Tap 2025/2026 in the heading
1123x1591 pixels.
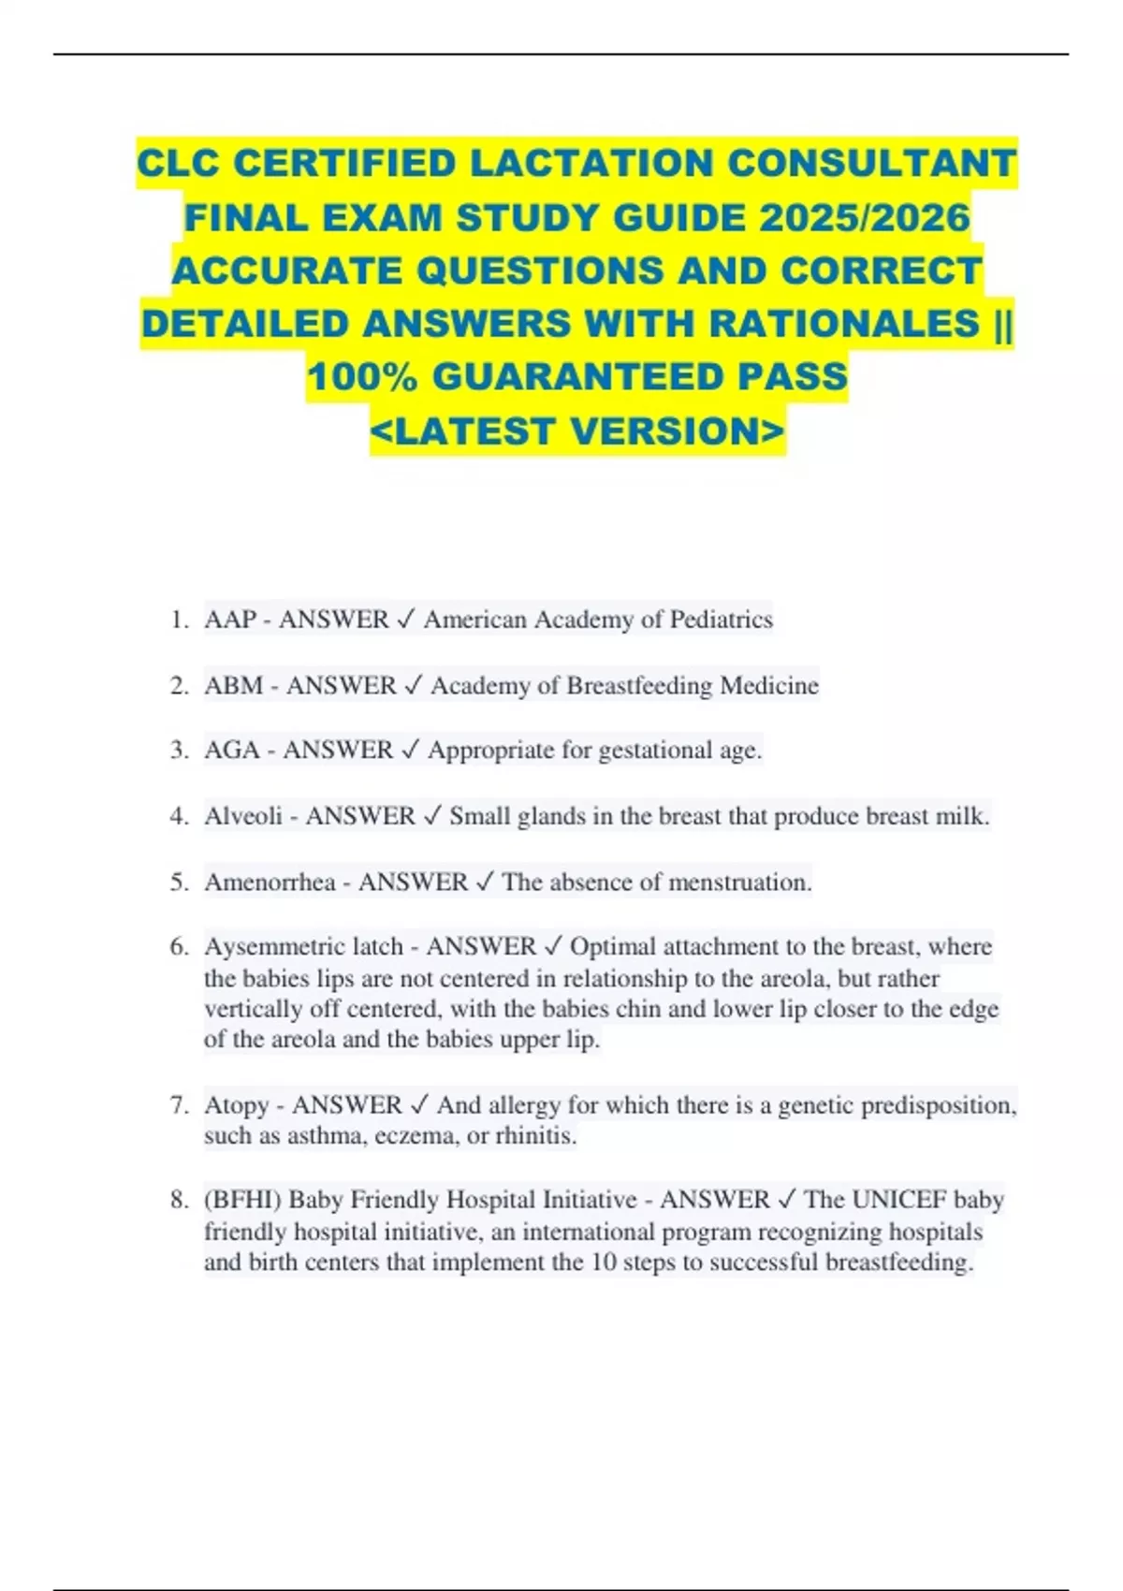coord(864,218)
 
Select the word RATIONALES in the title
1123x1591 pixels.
coord(843,324)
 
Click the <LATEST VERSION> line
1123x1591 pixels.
coord(577,431)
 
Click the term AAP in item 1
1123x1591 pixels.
coord(230,620)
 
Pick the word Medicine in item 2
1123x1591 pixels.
coord(769,686)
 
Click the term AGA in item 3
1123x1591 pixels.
coord(232,751)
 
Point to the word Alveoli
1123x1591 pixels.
coord(243,816)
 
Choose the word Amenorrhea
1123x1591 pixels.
coord(270,883)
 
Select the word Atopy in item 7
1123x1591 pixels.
coord(237,1105)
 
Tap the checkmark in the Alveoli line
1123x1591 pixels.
coord(432,816)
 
